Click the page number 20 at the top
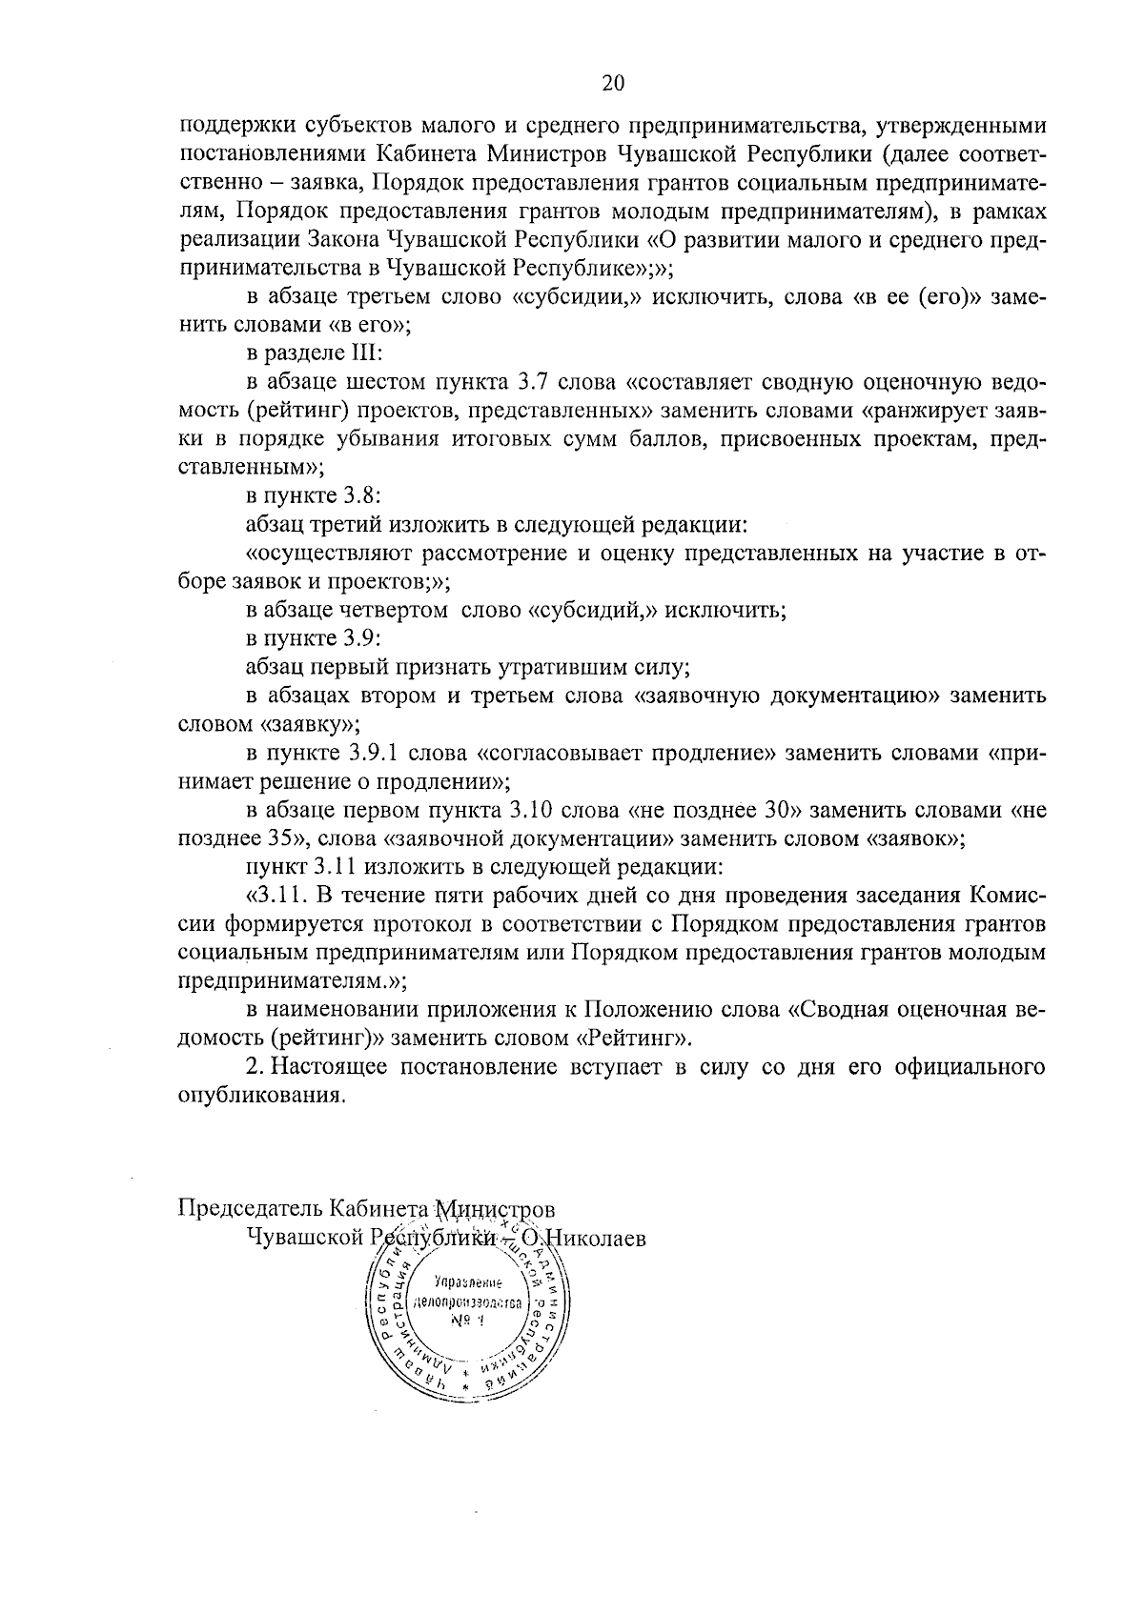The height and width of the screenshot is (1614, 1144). pos(613,84)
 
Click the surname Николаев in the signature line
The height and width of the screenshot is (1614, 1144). pos(595,1238)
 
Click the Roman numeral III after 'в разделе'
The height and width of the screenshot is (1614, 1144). pos(366,353)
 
